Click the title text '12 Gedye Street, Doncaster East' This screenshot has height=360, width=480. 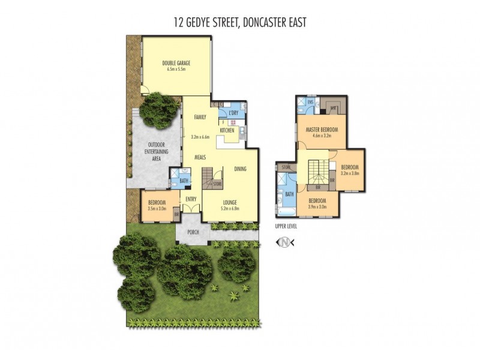point(239,23)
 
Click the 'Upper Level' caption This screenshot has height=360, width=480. point(286,227)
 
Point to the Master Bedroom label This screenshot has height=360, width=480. point(322,130)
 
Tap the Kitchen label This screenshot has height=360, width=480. point(227,130)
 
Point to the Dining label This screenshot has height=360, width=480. point(240,169)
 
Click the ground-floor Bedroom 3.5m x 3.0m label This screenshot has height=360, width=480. point(157,206)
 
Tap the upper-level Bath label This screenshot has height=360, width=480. point(290,194)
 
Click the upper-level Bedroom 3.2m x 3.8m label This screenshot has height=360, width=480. point(349,170)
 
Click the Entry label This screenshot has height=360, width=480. point(191,199)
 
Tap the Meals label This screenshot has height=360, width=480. point(200,157)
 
